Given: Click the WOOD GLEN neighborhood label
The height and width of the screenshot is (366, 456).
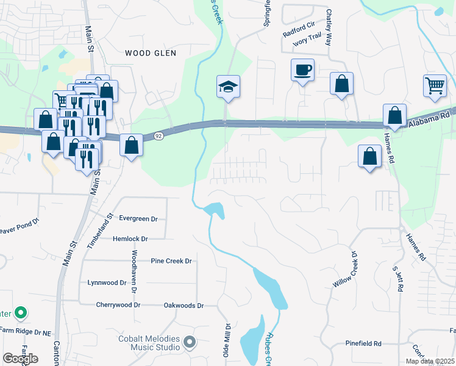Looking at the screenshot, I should click(x=151, y=53).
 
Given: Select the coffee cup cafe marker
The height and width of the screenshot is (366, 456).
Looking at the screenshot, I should click(x=302, y=70).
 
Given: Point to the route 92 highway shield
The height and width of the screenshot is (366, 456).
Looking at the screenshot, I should click(x=158, y=135).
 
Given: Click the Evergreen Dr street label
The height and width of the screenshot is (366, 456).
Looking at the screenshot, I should click(x=138, y=218).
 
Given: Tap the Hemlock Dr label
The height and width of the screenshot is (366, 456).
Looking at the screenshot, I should click(x=130, y=239).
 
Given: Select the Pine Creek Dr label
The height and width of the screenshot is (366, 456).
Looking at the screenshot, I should click(x=171, y=261).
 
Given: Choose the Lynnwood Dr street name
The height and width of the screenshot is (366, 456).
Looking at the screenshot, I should click(x=107, y=283).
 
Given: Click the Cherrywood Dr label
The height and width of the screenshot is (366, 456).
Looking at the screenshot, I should click(x=118, y=305).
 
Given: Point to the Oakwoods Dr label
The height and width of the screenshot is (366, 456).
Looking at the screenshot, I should click(x=183, y=306).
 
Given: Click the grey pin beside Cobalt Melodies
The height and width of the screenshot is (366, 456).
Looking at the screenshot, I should click(x=190, y=343).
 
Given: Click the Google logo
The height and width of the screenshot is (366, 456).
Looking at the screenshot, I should click(x=20, y=358).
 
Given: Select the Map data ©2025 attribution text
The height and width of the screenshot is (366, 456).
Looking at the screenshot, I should click(x=429, y=361).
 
